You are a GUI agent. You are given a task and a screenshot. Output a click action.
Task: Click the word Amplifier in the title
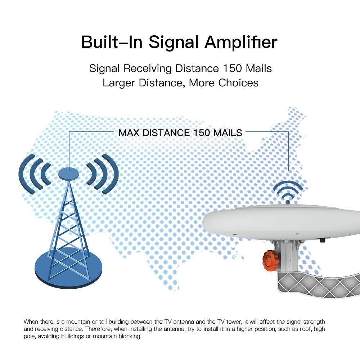coord(241,42)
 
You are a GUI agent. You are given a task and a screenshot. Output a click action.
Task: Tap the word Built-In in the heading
coord(113,42)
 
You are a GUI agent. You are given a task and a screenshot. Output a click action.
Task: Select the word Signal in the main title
coord(174,42)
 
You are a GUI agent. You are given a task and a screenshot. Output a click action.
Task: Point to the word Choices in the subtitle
coord(238,83)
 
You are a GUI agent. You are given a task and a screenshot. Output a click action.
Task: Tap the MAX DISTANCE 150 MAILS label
coord(180,132)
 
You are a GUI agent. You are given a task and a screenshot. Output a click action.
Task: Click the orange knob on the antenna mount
coord(270,260)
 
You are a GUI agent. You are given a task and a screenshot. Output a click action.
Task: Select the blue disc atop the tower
coord(68,174)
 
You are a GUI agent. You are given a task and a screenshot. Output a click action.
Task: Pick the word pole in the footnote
coord(30,337)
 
